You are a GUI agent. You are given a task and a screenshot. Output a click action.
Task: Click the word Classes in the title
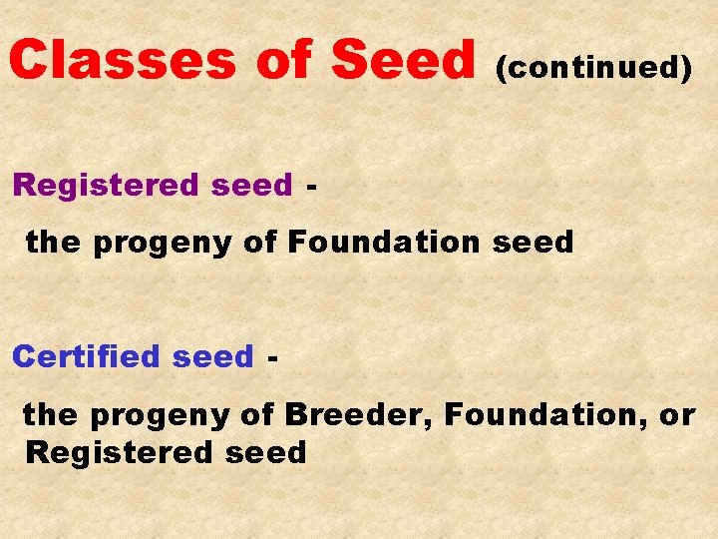click(122, 60)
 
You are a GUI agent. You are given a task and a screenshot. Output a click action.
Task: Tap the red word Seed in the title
click(404, 60)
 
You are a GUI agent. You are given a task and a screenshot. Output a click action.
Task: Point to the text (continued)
click(593, 67)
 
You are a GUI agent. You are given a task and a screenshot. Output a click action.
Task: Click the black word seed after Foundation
click(538, 242)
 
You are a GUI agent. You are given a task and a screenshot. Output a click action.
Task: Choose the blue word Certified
click(87, 356)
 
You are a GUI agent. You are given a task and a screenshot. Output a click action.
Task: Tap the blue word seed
click(213, 356)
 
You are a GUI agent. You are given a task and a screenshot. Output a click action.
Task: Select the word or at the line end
click(677, 412)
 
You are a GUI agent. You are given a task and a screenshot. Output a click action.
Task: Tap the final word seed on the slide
click(266, 452)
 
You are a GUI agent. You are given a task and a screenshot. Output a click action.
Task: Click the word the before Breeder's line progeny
click(51, 412)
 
